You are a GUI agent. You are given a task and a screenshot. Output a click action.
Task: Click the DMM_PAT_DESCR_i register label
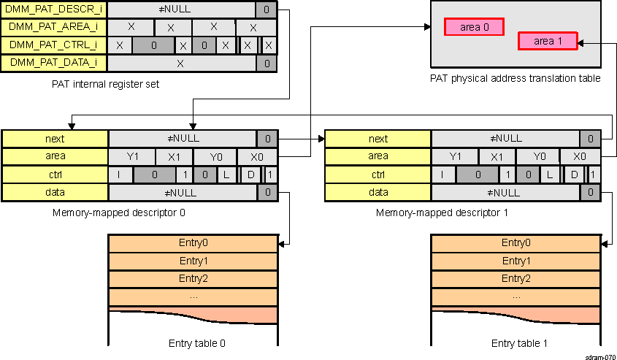tap(55, 10)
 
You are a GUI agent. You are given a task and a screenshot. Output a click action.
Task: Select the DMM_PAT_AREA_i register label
tap(55, 28)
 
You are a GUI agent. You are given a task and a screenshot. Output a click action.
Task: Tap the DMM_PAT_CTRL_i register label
tap(55, 45)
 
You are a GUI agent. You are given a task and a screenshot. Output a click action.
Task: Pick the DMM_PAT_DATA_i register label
tap(55, 64)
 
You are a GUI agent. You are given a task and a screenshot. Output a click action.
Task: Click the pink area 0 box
tap(475, 27)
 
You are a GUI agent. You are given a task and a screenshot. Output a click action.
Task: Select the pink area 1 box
tap(548, 41)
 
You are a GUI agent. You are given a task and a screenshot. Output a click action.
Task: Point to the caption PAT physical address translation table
tap(515, 78)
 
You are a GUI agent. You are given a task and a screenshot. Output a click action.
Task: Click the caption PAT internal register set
tap(105, 84)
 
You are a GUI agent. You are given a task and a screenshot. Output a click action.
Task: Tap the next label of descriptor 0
tap(55, 139)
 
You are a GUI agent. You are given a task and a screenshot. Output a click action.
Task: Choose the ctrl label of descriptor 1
tap(378, 175)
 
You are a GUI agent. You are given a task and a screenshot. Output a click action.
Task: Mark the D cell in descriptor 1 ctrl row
tap(575, 175)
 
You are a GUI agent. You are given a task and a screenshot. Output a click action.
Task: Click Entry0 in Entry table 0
tap(193, 243)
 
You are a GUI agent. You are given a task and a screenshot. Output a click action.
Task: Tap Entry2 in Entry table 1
tap(516, 279)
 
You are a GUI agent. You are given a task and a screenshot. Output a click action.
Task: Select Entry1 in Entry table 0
tap(193, 261)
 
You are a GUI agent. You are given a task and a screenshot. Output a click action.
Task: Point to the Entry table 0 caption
tap(193, 343)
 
